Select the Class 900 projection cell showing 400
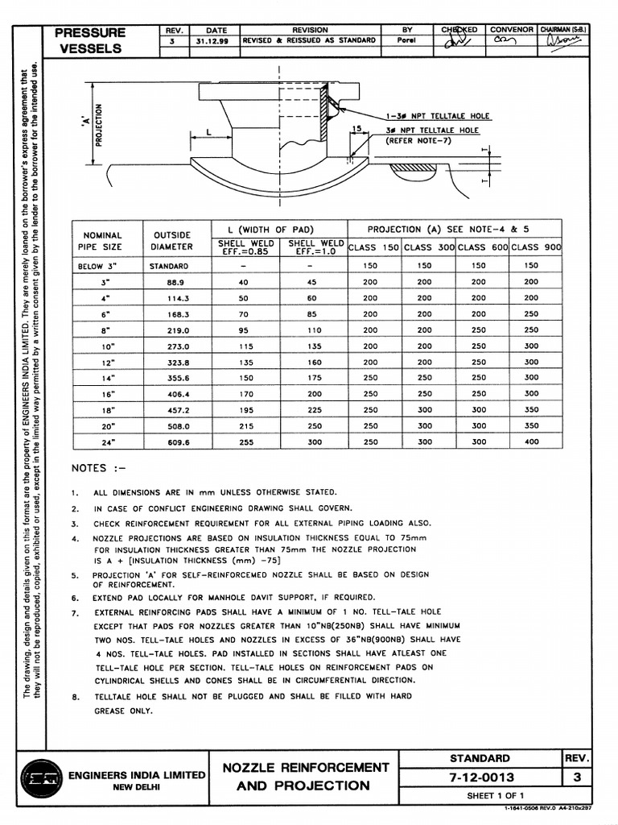[531, 442]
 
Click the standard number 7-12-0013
[481, 777]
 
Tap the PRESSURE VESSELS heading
[90, 40]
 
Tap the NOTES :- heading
[99, 468]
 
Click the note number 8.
[74, 696]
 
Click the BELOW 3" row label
[100, 265]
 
